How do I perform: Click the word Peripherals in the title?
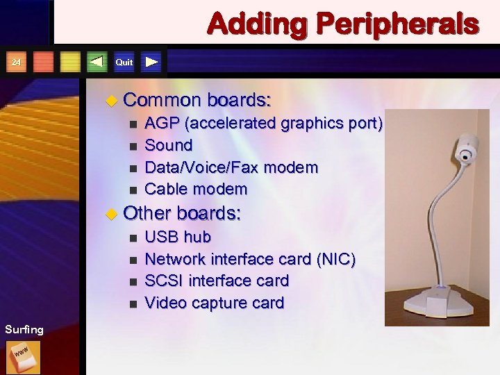coord(398,24)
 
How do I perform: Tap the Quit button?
coord(124,62)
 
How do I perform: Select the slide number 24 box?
coord(17,63)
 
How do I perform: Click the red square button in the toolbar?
coord(44,63)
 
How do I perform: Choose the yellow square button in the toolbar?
coord(70,63)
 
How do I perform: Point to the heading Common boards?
coord(197,100)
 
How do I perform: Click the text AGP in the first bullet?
coord(159,124)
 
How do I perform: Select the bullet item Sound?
coord(169,145)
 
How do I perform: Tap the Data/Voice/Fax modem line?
coord(231,167)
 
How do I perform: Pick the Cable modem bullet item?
coord(196,189)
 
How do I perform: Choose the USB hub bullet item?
coord(178,237)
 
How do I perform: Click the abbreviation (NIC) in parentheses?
coord(335,259)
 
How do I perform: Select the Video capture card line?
coord(214,303)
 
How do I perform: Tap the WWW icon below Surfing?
coord(24,357)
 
